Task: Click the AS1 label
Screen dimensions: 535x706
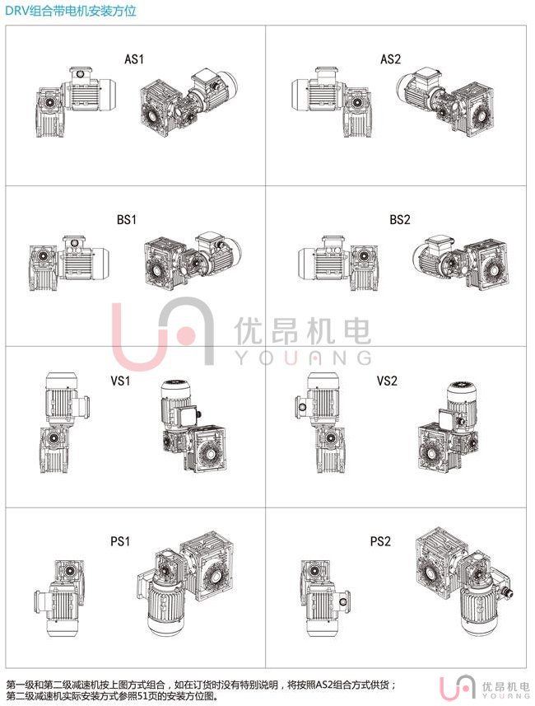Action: click(134, 59)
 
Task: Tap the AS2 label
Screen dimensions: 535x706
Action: click(390, 59)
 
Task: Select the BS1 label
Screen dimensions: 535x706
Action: click(127, 219)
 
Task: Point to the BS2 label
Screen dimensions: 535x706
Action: click(400, 219)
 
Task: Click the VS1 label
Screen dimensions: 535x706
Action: click(121, 381)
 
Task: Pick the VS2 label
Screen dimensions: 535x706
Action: click(387, 381)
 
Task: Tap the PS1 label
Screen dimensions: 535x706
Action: click(120, 540)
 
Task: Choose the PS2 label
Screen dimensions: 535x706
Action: click(380, 540)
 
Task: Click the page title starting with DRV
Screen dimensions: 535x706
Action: click(71, 11)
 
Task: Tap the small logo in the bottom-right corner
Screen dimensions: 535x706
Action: click(484, 689)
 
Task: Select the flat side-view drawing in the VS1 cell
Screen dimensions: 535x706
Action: click(65, 423)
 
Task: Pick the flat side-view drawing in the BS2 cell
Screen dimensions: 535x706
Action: click(338, 263)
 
